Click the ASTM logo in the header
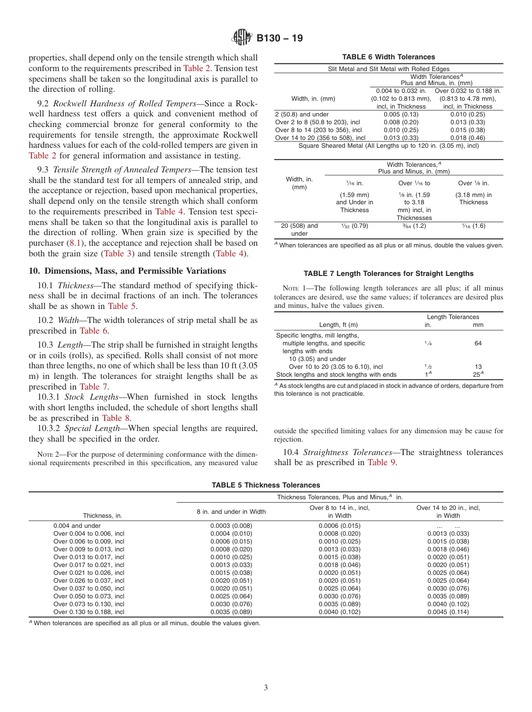pos(242,38)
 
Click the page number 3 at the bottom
pos(266,687)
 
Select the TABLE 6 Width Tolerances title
pos(389,57)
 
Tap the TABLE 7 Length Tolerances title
pos(389,274)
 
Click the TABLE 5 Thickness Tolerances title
pos(266,485)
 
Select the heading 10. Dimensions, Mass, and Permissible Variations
pos(127,271)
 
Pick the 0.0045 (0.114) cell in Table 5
pos(448,612)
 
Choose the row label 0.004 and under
pos(77,526)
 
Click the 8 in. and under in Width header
pos(238,512)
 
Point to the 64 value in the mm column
pos(478,343)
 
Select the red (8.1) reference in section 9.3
pos(74,243)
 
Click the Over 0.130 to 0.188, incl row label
pos(88,612)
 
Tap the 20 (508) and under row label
pos(300,229)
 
